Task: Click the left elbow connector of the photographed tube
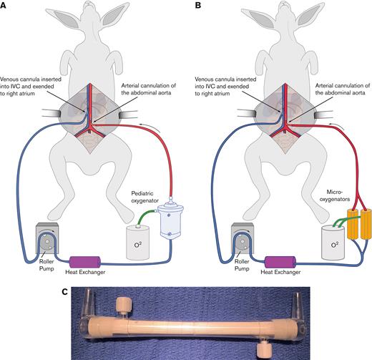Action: click(x=82, y=318)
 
